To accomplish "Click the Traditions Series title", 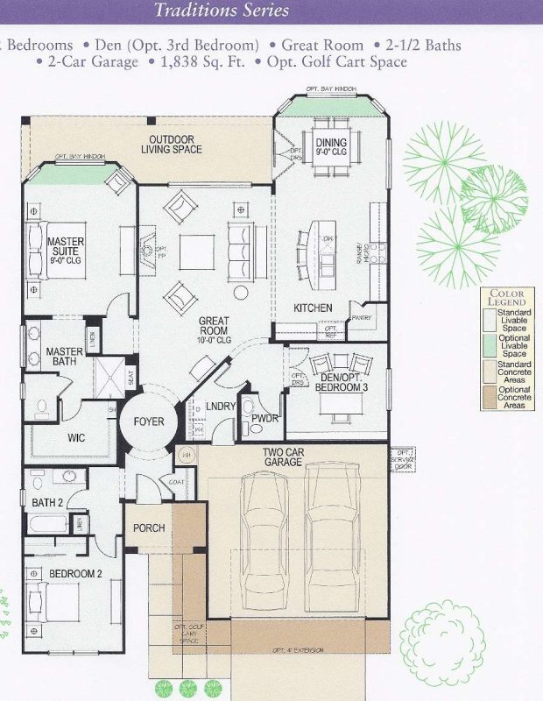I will pos(221,11).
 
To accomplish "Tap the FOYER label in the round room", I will pos(149,421).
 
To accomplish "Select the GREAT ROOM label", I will pos(214,327).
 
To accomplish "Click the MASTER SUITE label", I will pos(66,247).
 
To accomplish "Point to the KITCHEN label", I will pos(313,308).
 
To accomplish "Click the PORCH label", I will pos(148,529).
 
